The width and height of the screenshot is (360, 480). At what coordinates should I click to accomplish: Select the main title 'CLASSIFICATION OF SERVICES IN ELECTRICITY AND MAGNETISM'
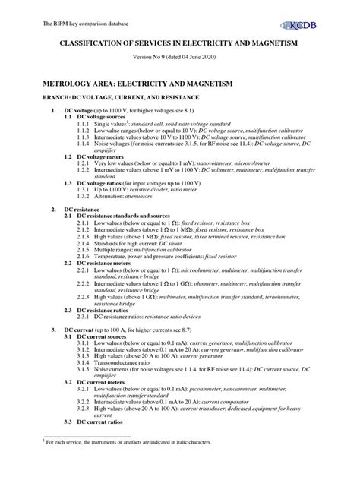pos(180,46)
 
